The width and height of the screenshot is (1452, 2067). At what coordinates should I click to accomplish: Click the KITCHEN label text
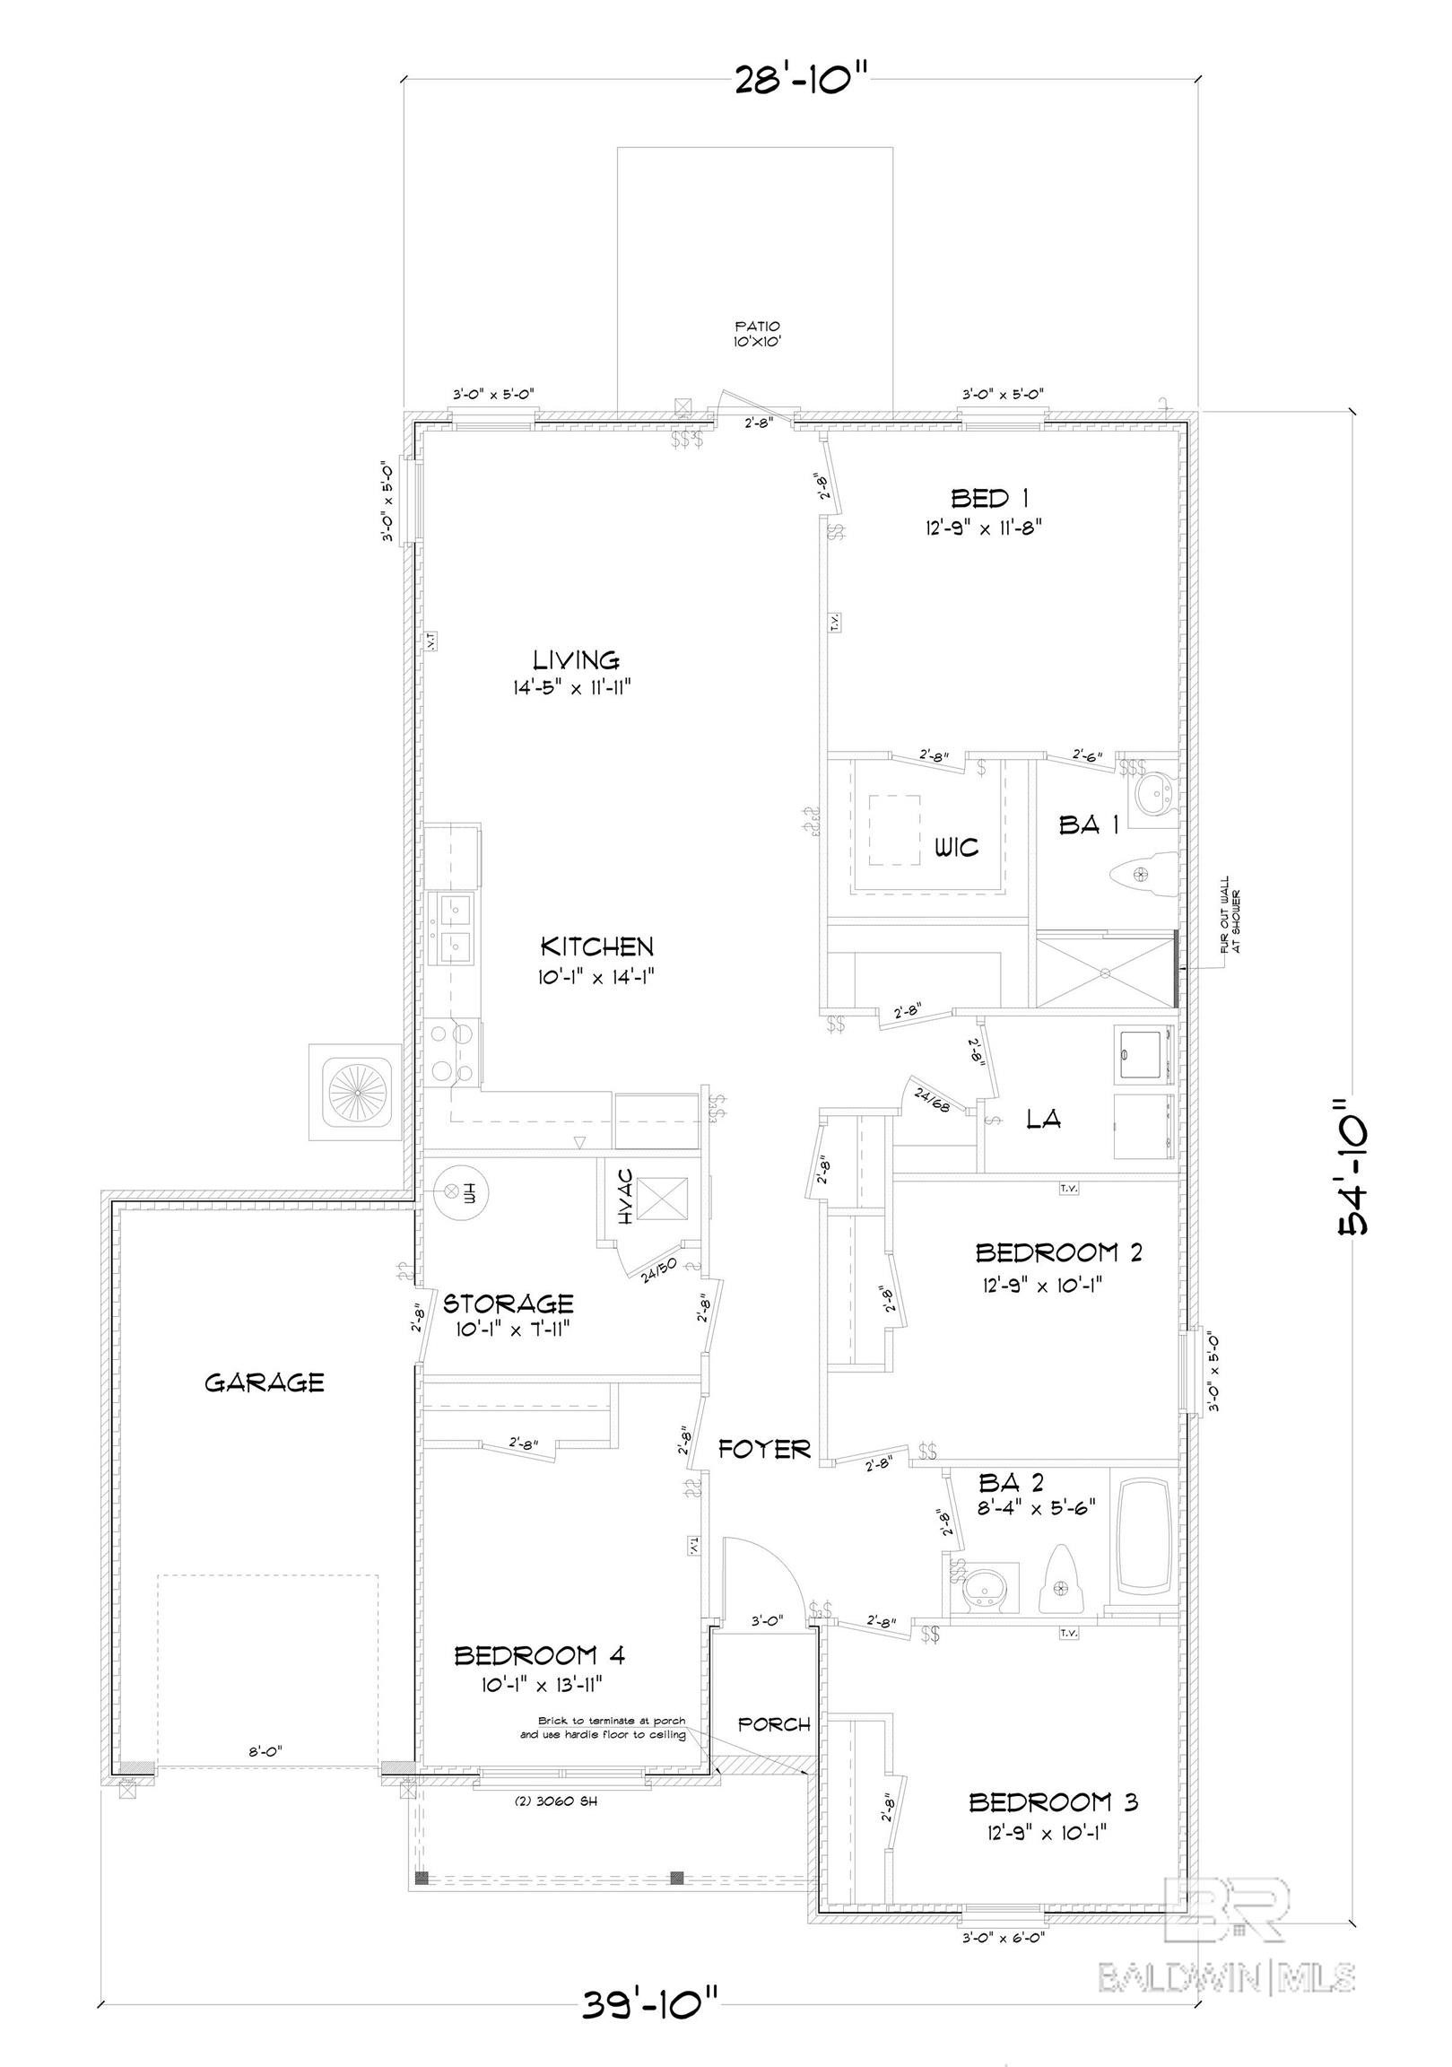point(596,946)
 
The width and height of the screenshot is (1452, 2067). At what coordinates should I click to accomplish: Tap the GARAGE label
point(264,1382)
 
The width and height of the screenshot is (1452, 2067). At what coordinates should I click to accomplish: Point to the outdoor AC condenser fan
point(353,1092)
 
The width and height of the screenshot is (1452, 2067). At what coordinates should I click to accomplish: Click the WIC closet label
point(955,846)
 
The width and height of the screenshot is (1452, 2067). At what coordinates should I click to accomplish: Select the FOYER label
point(764,1449)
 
